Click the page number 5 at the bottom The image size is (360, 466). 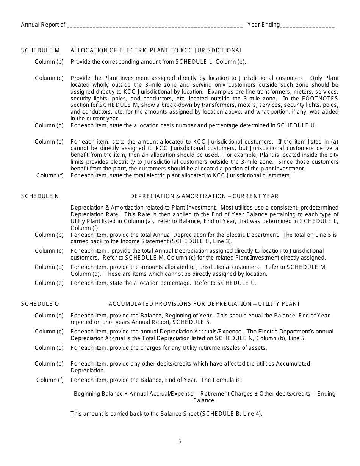click(180, 441)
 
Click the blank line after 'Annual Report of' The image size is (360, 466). click(155, 25)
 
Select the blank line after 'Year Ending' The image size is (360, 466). click(307, 25)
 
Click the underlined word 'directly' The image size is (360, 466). click(187, 78)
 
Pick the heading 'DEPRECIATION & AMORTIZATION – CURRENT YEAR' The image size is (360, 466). click(204, 196)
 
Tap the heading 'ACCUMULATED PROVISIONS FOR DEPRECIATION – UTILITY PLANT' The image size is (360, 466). click(204, 304)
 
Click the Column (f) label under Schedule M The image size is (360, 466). click(50, 175)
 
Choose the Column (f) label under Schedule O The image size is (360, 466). click(50, 380)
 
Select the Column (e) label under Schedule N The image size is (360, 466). click(49, 283)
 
